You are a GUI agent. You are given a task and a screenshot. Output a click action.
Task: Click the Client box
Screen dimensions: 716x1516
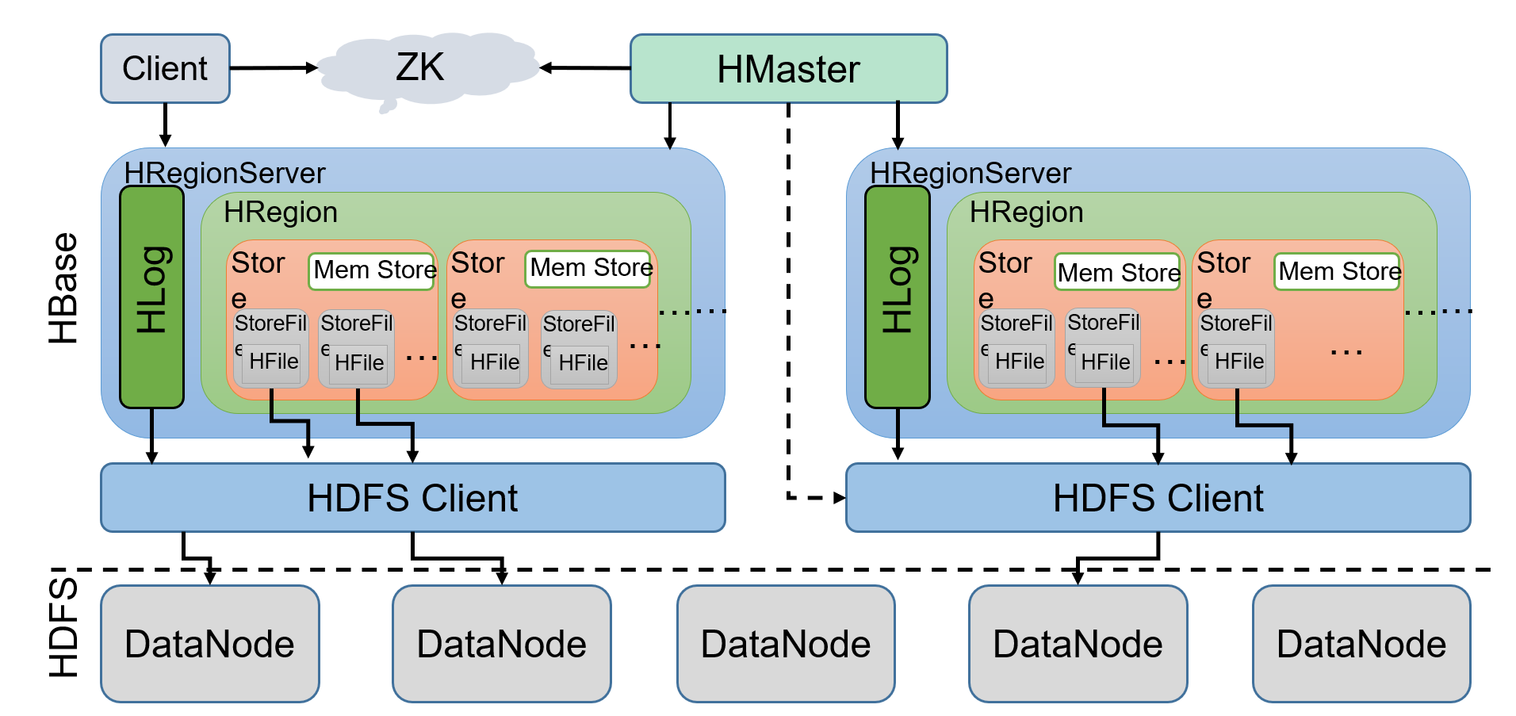pos(165,68)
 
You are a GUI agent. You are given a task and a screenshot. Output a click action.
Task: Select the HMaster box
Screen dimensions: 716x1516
pos(788,69)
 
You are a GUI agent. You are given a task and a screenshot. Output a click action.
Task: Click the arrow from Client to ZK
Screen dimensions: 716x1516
pos(274,68)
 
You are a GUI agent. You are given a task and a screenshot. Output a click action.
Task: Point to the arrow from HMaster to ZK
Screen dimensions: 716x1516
pos(585,68)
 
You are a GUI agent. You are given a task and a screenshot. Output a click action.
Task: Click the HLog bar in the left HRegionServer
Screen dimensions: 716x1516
pos(151,297)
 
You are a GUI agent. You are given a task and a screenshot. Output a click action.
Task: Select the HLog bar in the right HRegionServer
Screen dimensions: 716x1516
pos(897,297)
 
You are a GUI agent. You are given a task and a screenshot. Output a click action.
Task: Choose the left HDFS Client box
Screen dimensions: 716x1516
pos(412,498)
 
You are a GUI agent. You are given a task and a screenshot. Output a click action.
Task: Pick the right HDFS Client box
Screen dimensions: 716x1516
pos(1158,498)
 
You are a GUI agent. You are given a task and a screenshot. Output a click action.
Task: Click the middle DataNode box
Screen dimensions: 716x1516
pos(786,644)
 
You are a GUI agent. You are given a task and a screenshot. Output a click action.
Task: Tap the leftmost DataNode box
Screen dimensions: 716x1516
pos(210,644)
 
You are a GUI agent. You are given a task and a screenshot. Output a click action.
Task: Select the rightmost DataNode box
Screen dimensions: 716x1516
pos(1361,644)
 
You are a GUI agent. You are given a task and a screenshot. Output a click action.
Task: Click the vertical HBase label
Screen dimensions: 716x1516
pos(63,289)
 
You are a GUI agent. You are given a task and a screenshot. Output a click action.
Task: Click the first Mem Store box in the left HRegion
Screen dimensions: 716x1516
pos(373,270)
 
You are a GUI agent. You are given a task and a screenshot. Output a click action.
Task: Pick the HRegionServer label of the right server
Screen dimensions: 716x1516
pos(970,173)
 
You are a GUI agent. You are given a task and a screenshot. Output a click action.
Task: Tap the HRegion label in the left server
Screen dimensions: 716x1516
pos(281,213)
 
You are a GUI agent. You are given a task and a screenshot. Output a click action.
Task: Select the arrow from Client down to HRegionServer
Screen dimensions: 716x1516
pos(165,124)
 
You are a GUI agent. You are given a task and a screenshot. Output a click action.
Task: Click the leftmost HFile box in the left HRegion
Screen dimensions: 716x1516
pos(273,362)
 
